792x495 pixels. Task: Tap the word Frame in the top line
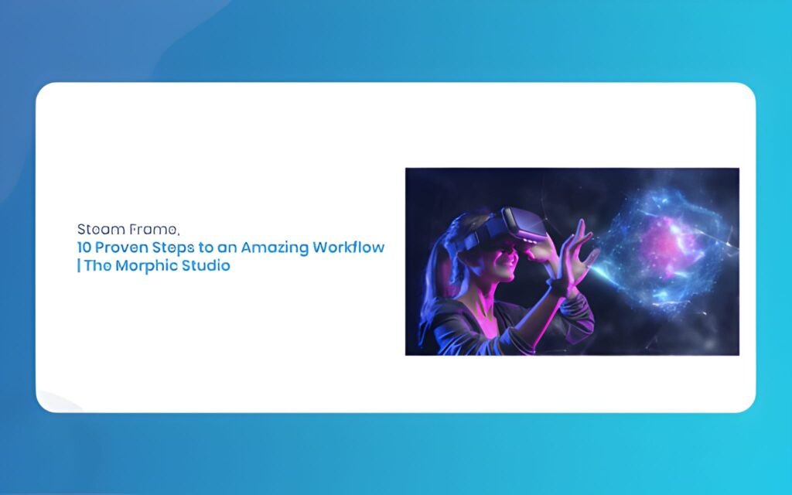pos(152,230)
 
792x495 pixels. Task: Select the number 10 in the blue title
pos(84,247)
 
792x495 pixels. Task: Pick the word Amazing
pos(275,248)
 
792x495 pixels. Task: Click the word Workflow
pos(349,247)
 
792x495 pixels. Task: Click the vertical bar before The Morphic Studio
pos(79,265)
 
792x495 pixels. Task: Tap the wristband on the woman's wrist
pos(559,287)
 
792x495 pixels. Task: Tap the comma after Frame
pos(178,234)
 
